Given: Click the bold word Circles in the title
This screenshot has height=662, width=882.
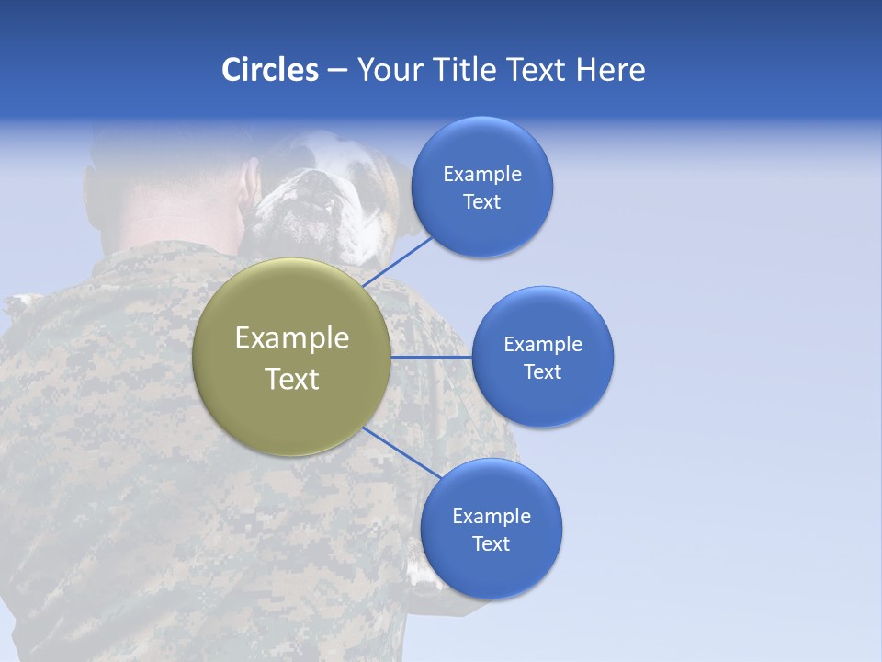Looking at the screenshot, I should click(x=270, y=70).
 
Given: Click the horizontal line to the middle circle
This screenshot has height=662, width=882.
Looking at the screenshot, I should click(x=431, y=357).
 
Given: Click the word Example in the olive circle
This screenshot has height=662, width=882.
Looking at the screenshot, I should click(x=292, y=338).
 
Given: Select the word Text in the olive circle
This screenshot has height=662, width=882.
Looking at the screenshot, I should click(x=292, y=379).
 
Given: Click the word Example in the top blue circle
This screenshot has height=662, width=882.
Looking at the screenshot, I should click(x=482, y=175).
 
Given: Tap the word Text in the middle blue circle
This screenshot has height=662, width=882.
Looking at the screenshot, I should click(x=542, y=372).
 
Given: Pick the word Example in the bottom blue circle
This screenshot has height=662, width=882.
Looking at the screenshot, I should click(x=492, y=517).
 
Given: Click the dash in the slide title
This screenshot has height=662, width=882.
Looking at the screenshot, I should click(x=337, y=70).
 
